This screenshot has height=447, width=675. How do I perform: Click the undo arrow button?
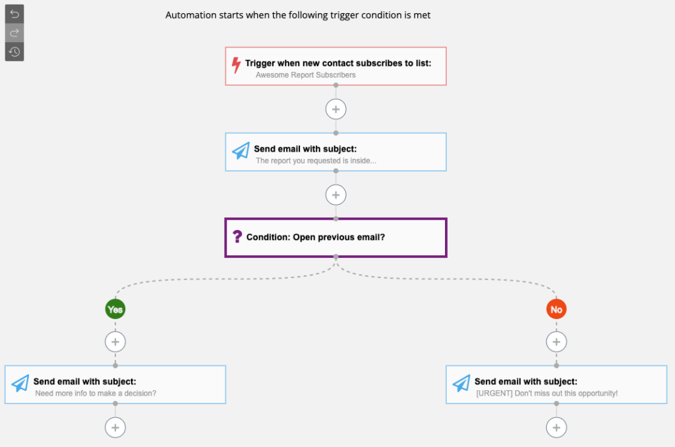15,15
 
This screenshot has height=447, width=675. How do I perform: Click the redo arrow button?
15,33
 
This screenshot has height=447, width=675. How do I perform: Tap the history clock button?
15,51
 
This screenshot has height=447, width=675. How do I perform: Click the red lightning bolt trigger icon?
236,65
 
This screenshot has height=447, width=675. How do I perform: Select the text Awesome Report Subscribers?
306,75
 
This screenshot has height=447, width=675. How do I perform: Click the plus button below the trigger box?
336,109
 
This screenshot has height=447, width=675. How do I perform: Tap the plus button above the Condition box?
336,195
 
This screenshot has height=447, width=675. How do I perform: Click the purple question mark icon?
237,237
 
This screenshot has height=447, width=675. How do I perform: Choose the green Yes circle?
115,309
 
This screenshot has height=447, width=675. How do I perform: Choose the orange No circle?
556,309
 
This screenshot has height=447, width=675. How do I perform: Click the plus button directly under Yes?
115,342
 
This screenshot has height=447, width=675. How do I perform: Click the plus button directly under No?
556,342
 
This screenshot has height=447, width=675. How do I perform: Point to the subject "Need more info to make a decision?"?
96,393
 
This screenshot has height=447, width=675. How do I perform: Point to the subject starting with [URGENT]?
546,393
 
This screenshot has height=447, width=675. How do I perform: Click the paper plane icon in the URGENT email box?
461,383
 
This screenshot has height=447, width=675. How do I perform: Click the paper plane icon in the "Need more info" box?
20,383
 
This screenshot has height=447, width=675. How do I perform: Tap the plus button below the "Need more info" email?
115,428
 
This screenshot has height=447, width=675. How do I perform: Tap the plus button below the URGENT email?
556,428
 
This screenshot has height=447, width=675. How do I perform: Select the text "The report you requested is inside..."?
316,161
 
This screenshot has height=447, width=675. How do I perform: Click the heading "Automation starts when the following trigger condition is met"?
298,15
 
